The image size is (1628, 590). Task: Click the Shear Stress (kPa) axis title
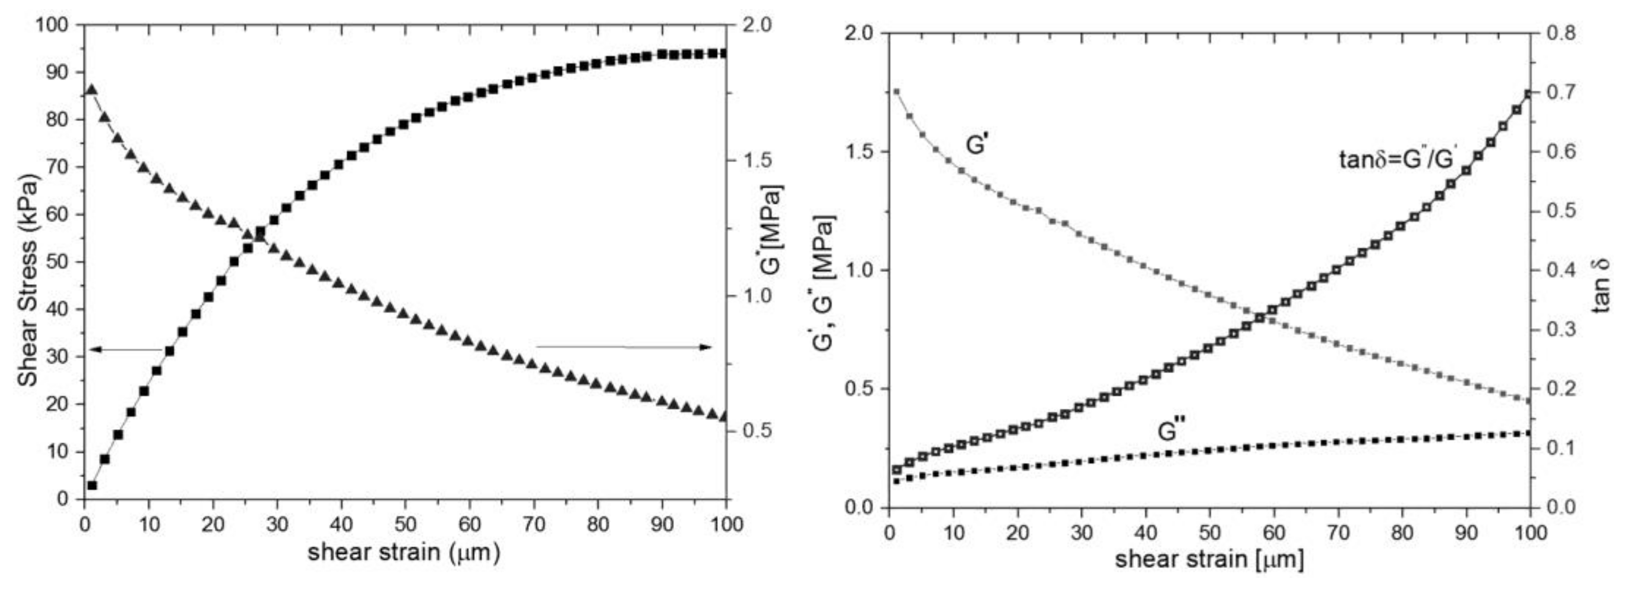click(28, 280)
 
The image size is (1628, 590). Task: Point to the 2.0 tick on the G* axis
click(756, 25)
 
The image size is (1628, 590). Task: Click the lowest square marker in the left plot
click(92, 485)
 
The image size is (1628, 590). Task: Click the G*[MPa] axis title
click(773, 232)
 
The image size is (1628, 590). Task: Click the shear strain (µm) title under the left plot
click(405, 552)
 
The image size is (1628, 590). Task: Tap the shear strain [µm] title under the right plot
click(1209, 560)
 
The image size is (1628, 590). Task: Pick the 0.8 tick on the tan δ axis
click(1560, 33)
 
